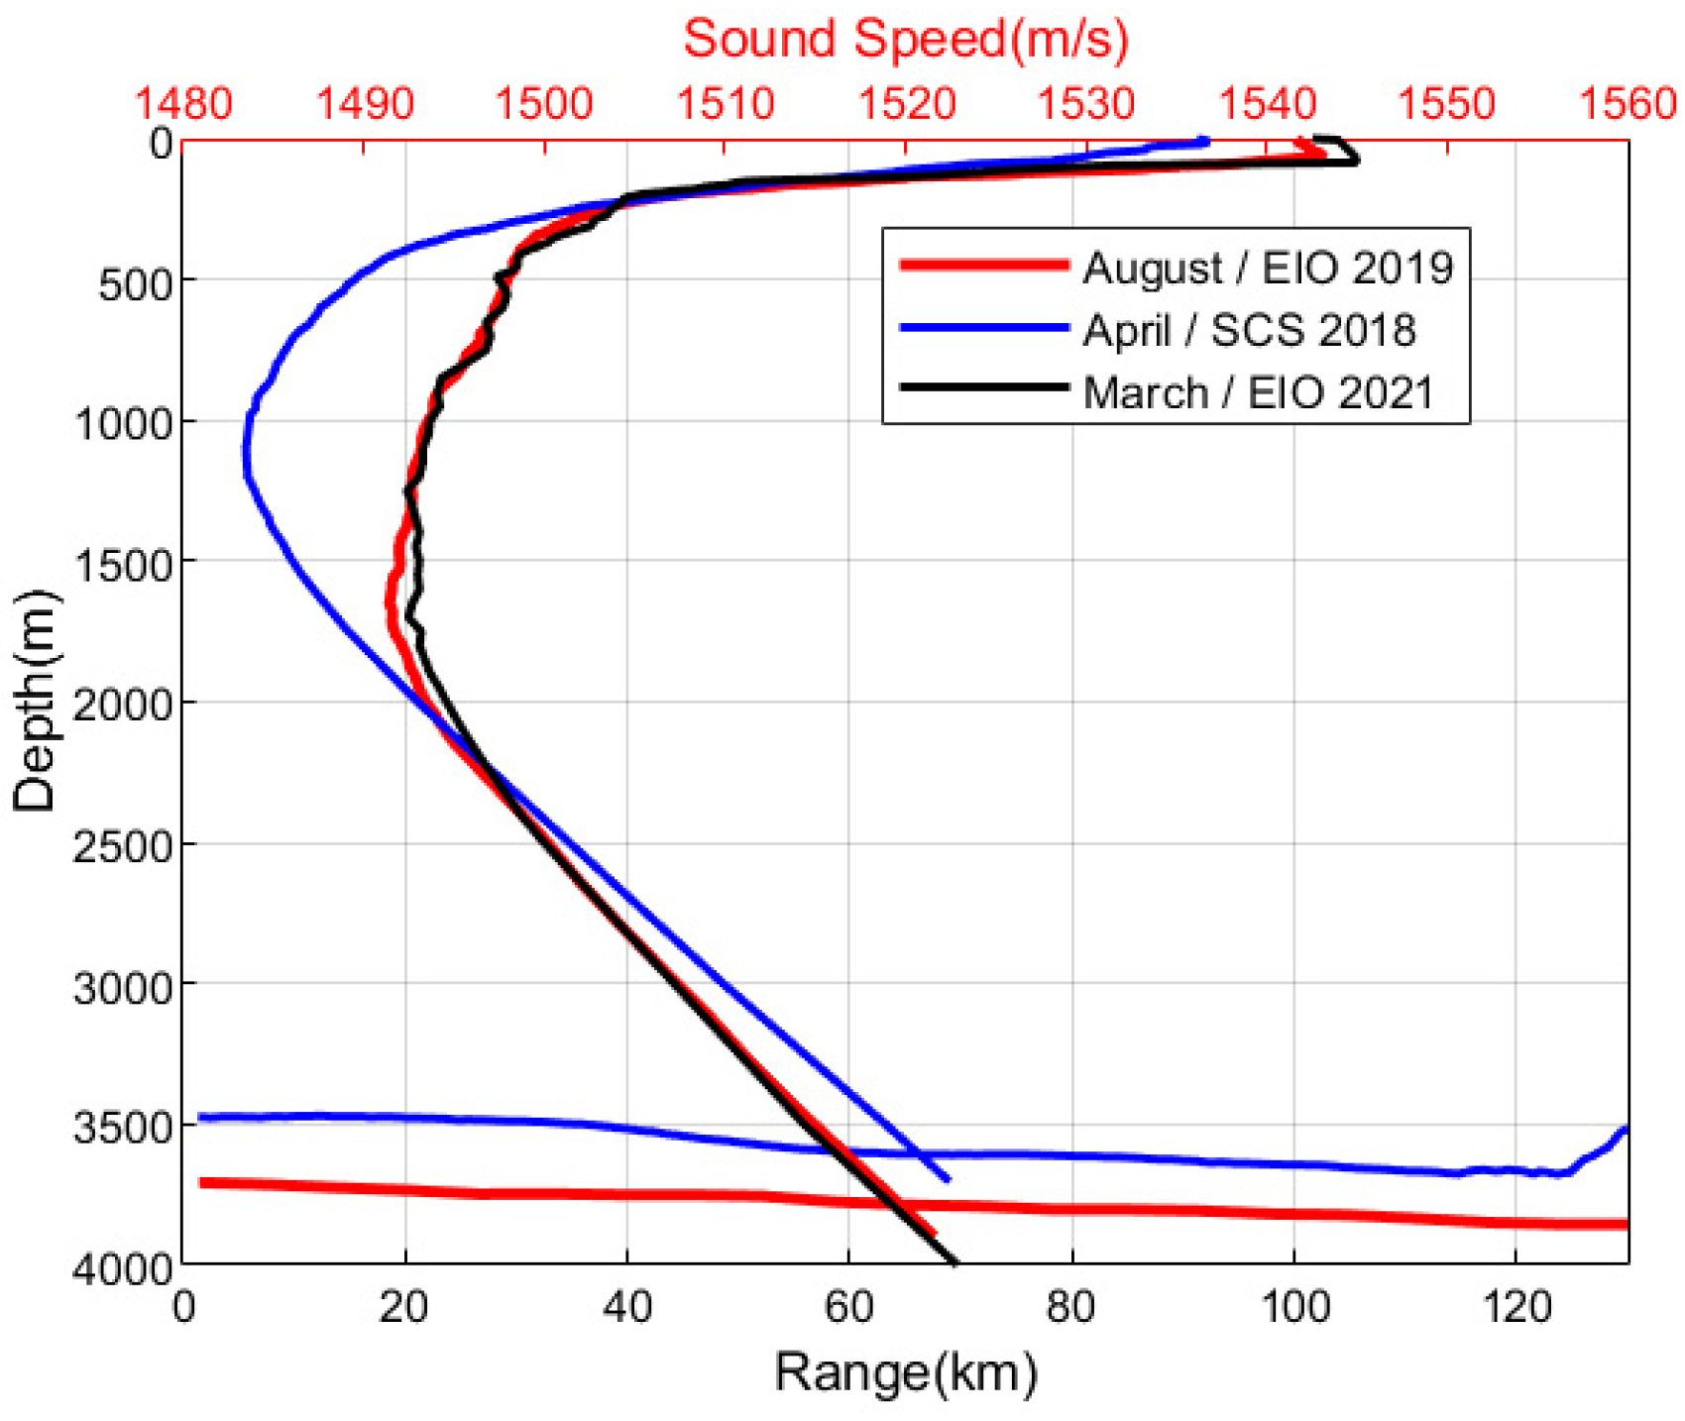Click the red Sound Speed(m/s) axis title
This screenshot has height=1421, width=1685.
(905, 40)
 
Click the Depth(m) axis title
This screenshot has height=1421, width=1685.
(35, 702)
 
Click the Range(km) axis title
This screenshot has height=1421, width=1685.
(905, 1373)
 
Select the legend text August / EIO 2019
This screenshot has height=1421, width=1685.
(1267, 268)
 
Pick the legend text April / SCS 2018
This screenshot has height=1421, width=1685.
(1249, 330)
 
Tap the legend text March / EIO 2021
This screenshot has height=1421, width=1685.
(1258, 393)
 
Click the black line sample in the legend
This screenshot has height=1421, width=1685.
(983, 387)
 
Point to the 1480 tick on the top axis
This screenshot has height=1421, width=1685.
(183, 103)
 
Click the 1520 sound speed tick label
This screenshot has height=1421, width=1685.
(906, 103)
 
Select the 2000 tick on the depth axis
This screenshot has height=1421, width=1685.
(123, 705)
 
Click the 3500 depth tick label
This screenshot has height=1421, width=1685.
(123, 1127)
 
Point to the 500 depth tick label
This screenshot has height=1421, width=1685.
(137, 283)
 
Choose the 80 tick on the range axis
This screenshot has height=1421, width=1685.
(1070, 1308)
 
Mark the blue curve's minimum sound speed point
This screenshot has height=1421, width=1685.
(246, 451)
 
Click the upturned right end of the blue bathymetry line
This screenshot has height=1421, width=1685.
(1624, 1131)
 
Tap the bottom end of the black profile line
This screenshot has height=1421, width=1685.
(954, 1261)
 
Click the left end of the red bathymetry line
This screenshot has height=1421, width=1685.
(202, 1182)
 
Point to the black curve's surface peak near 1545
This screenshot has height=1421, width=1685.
(1356, 159)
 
